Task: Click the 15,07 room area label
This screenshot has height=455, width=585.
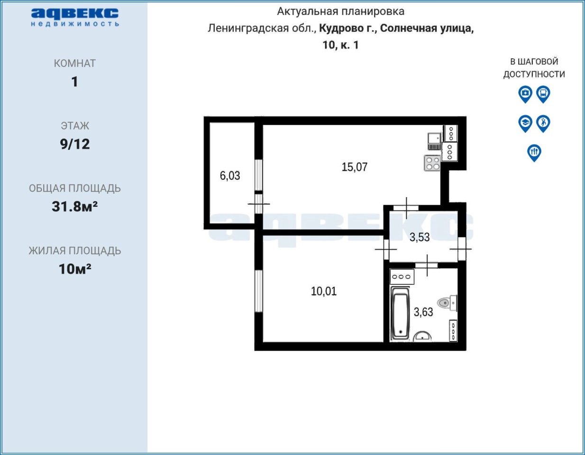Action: tap(354, 167)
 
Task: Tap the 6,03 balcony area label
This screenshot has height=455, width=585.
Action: tap(229, 176)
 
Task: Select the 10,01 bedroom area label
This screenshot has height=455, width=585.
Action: tap(324, 291)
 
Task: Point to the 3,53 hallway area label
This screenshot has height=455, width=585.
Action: tap(420, 237)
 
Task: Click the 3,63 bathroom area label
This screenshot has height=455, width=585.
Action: tap(423, 312)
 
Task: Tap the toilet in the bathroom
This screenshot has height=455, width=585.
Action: tap(447, 303)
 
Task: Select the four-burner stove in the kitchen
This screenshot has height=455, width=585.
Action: tap(432, 163)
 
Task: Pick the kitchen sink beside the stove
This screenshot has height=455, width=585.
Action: tap(434, 141)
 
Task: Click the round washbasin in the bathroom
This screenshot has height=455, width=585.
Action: tap(422, 337)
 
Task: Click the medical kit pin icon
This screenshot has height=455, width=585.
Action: tap(525, 94)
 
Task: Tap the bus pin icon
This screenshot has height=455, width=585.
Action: tap(543, 94)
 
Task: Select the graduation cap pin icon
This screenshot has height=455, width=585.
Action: tap(525, 124)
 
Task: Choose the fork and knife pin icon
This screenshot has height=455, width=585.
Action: tap(534, 153)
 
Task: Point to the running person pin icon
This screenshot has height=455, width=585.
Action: tap(543, 124)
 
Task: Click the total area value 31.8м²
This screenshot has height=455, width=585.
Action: tap(74, 207)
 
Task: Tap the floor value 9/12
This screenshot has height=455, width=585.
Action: tap(74, 144)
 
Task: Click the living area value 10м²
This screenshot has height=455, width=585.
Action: tap(74, 269)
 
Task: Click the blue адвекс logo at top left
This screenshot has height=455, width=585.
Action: tap(75, 17)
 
